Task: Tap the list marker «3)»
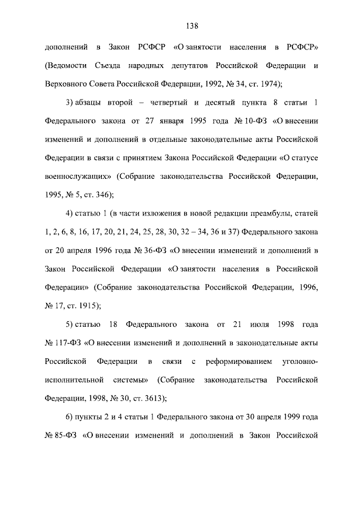pos(71,103)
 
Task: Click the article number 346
pos(101,195)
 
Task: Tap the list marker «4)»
pos(71,214)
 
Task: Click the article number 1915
pos(87,306)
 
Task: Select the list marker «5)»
pos(71,325)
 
